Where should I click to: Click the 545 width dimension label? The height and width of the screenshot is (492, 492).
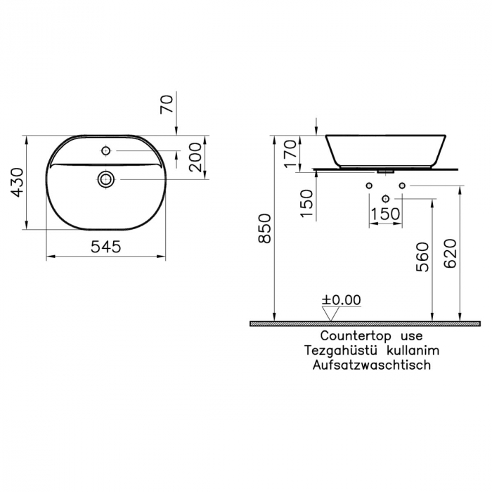tap(106, 247)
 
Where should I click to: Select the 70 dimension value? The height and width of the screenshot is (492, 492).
tap(167, 105)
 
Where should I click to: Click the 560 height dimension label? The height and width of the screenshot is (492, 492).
tap(422, 257)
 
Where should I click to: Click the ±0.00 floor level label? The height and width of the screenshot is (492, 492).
tap(342, 300)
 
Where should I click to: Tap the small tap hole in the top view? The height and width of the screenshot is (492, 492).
tap(105, 150)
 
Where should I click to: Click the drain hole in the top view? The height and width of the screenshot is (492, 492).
tap(106, 179)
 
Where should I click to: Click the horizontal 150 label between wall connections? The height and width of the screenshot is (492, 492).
tap(385, 214)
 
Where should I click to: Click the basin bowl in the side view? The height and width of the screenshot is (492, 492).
tap(386, 150)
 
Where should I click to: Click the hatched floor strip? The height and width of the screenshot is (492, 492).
tap(355, 323)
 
